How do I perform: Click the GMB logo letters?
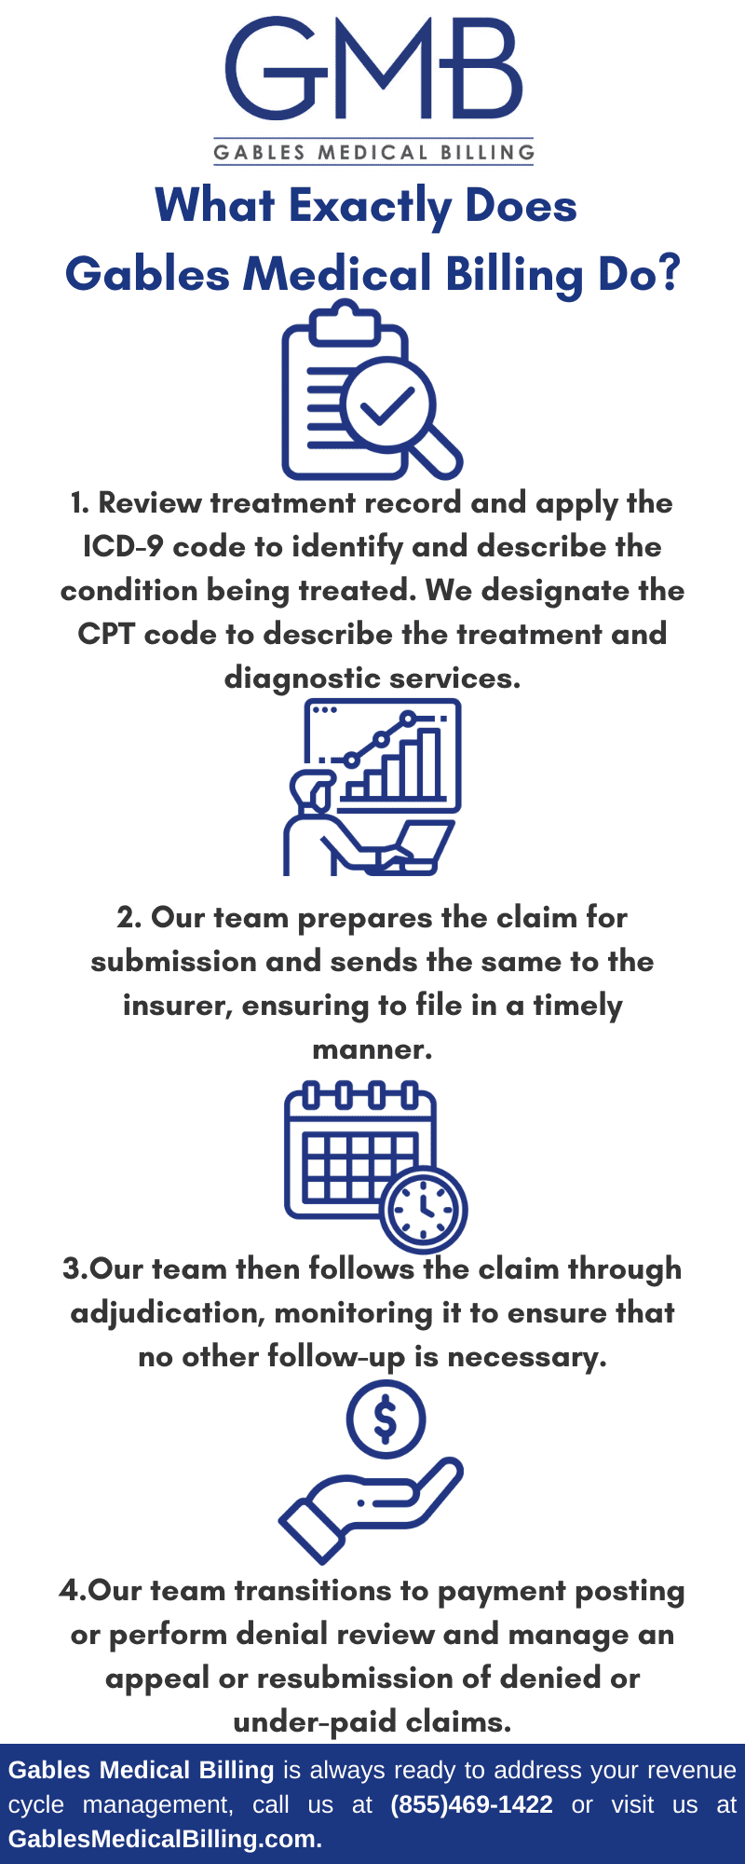tap(373, 69)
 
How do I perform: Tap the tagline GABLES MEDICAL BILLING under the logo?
tap(373, 152)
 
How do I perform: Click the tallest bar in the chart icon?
tap(430, 763)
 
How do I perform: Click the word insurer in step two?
tap(177, 1006)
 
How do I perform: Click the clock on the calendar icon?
tap(424, 1209)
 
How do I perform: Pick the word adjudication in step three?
tap(168, 1313)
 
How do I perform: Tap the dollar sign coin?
tap(386, 1419)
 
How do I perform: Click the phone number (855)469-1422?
tap(471, 1804)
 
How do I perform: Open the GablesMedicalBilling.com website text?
tap(165, 1839)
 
